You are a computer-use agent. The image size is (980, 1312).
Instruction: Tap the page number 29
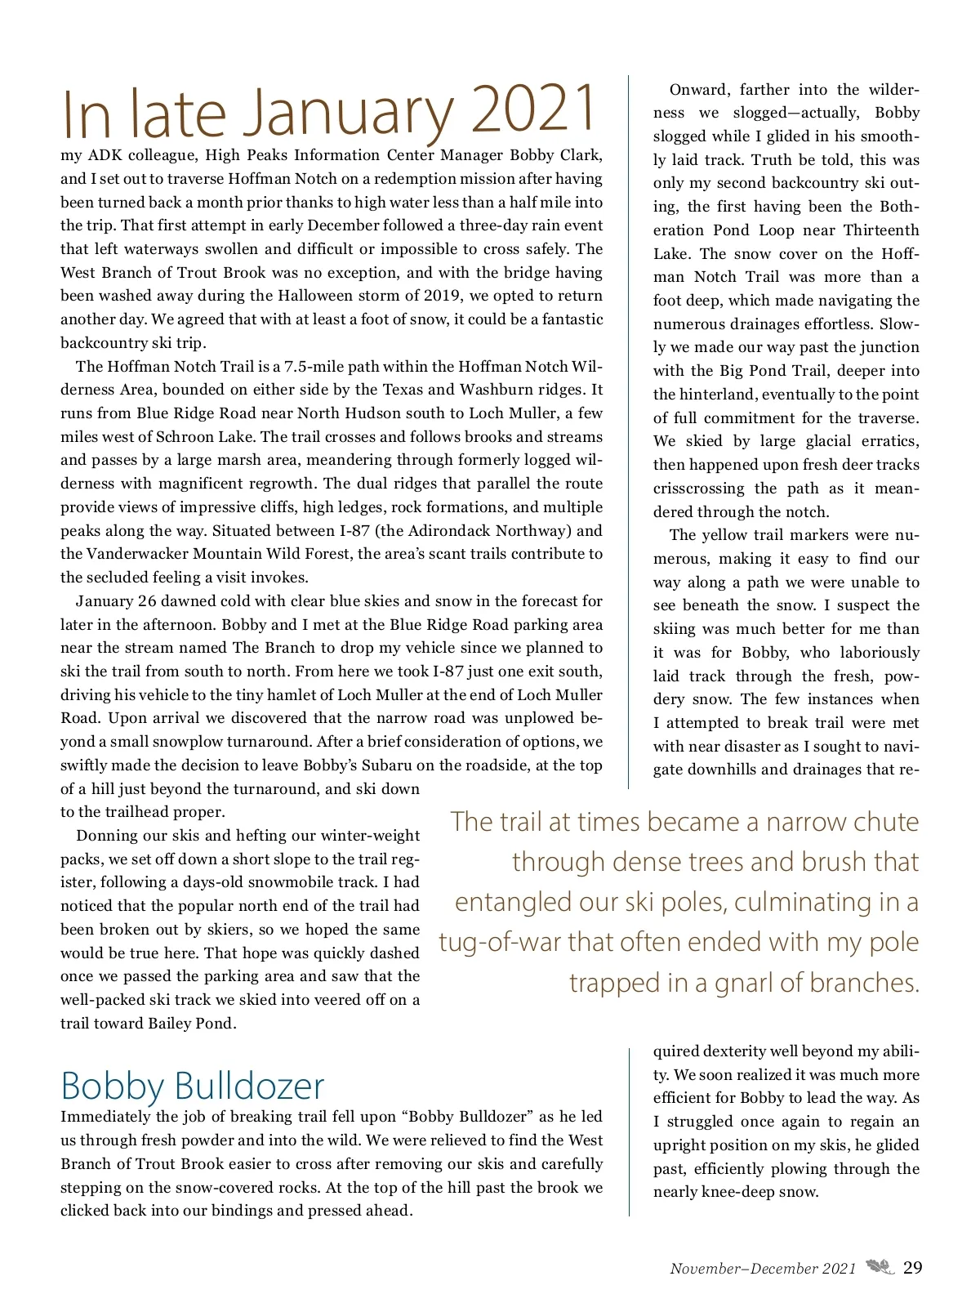(x=913, y=1267)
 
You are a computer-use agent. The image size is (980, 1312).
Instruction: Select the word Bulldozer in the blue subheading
(x=249, y=1086)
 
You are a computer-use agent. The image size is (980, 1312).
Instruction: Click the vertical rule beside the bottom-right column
(x=630, y=1131)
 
